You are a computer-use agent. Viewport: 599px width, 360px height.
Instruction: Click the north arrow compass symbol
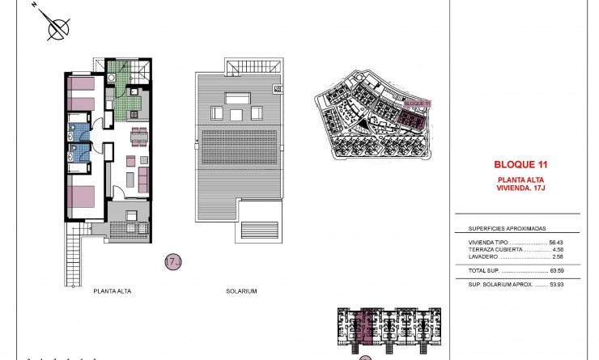pyautogui.click(x=57, y=30)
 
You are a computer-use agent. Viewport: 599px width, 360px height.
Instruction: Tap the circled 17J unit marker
pyautogui.click(x=172, y=261)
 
